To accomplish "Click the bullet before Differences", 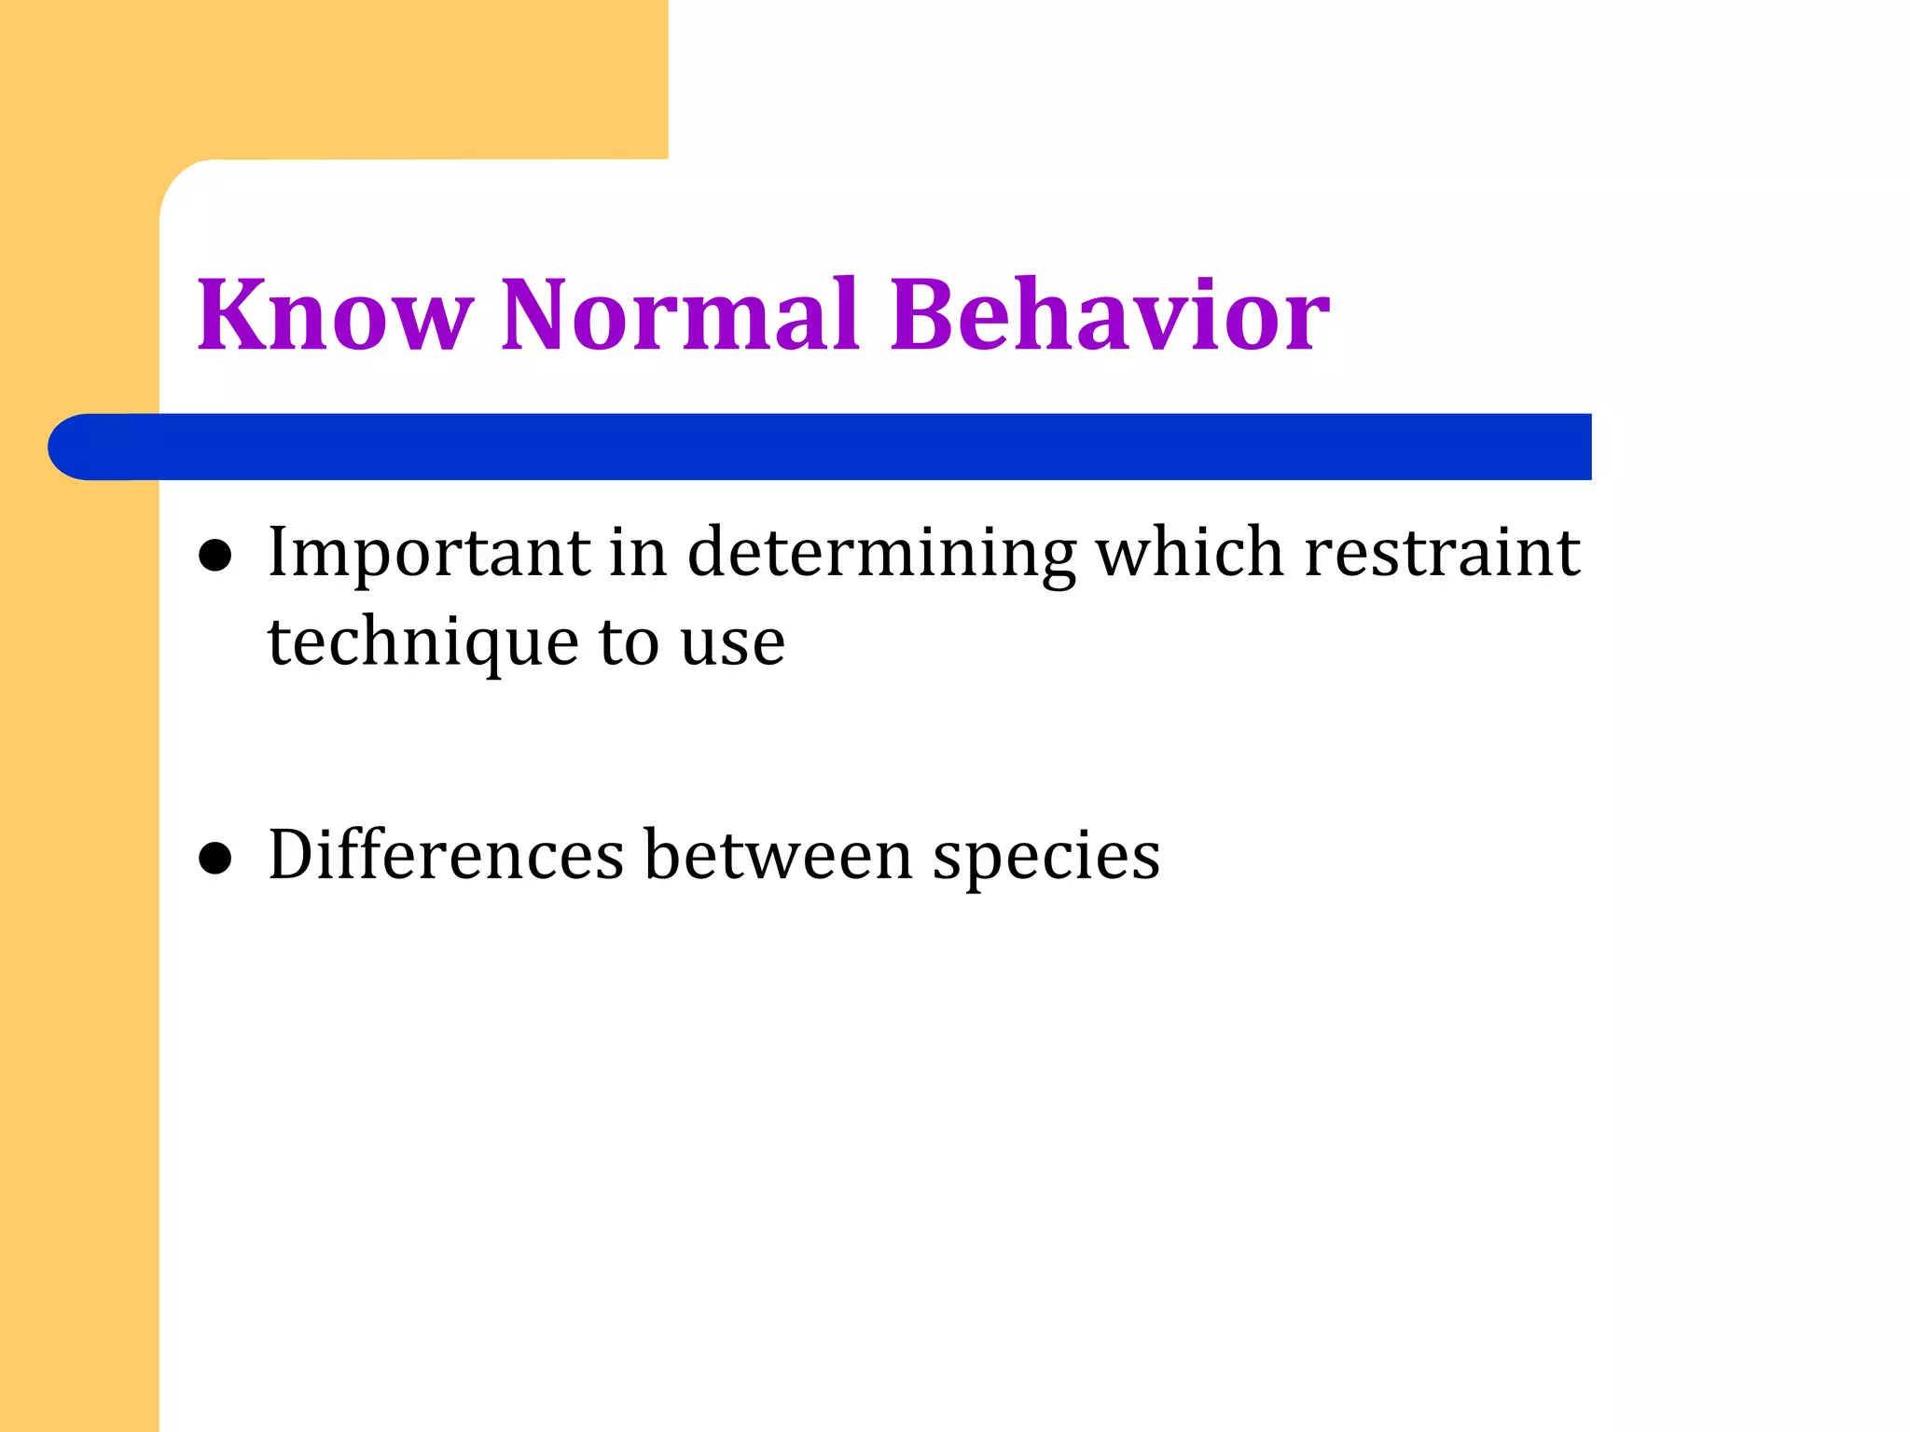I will (215, 858).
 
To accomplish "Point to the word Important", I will (429, 553).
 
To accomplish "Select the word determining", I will (881, 553).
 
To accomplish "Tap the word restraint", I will (1442, 553).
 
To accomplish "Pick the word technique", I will (423, 643).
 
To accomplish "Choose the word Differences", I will (446, 855).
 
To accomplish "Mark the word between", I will (779, 855).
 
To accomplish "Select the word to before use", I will (629, 643).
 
